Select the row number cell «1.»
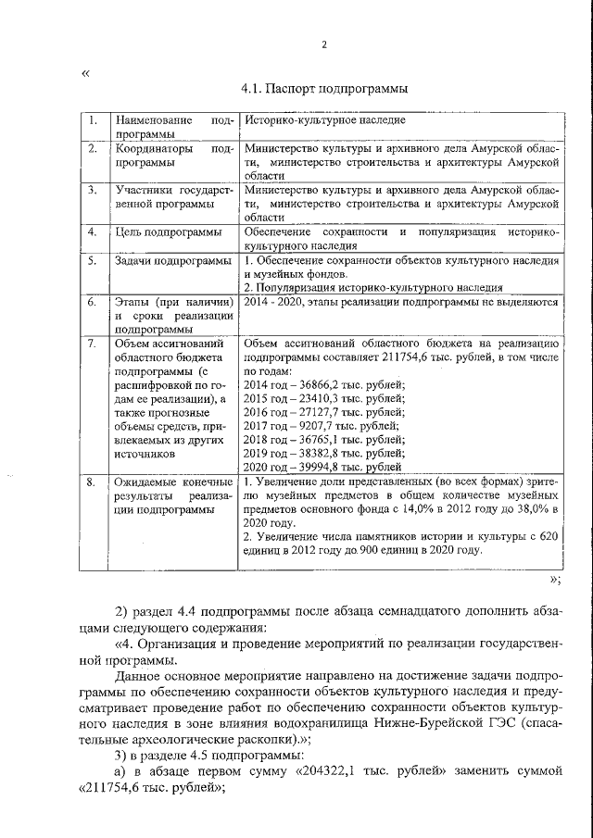pos(92,120)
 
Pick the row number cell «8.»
pos(92,482)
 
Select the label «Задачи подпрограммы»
pos(171,261)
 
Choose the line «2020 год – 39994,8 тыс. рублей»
pos(324,468)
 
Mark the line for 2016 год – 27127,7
pos(324,411)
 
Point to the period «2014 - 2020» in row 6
pos(269,302)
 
